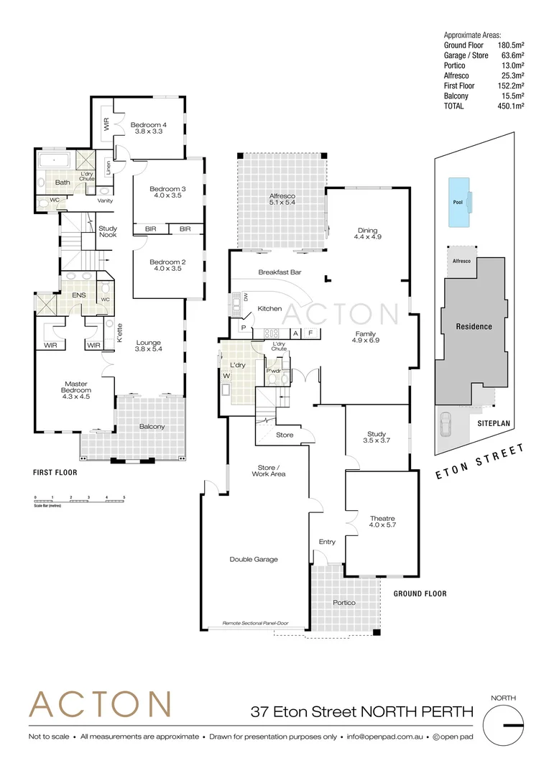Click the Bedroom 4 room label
pos(149,128)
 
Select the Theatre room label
pos(382,522)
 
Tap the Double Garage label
pos(254,559)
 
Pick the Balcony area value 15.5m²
pos(512,96)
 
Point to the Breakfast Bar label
pos(280,272)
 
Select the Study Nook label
pos(108,232)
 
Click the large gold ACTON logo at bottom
pos(99,704)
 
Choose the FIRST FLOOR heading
pos(55,473)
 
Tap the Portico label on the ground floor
pos(343,602)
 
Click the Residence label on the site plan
pos(474,326)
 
